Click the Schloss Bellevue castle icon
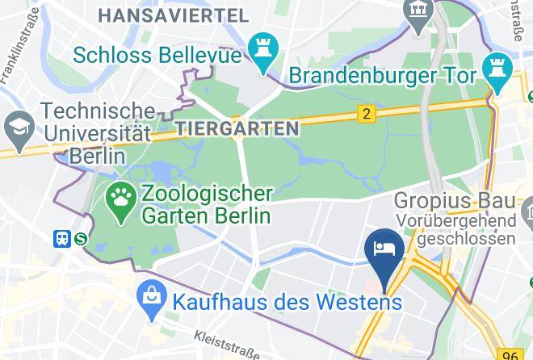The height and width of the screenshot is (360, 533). click(x=262, y=50)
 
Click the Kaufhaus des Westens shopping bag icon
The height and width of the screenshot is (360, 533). click(x=151, y=300)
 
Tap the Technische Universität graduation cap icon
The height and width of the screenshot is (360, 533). click(x=16, y=126)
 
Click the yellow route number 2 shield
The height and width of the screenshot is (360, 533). click(x=367, y=114)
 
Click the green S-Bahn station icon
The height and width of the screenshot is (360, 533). click(x=81, y=238)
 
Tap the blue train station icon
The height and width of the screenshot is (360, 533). click(x=62, y=238)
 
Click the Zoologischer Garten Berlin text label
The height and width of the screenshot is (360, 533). click(x=206, y=205)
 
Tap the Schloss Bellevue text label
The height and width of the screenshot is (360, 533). click(x=157, y=55)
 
